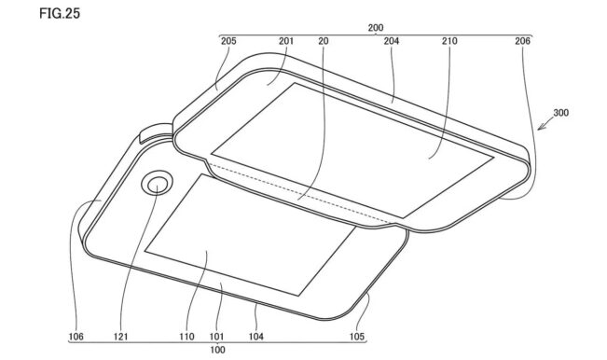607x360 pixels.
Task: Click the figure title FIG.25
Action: [60, 14]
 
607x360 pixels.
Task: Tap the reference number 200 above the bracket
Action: [376, 28]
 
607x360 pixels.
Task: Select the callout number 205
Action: [228, 41]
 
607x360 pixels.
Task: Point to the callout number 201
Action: [286, 41]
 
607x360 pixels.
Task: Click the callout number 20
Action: [324, 41]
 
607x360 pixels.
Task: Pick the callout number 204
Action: [392, 41]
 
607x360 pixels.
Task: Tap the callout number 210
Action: [449, 41]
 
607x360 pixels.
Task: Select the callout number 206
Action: [522, 41]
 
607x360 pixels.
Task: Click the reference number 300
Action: [561, 113]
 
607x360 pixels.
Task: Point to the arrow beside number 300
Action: [545, 124]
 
